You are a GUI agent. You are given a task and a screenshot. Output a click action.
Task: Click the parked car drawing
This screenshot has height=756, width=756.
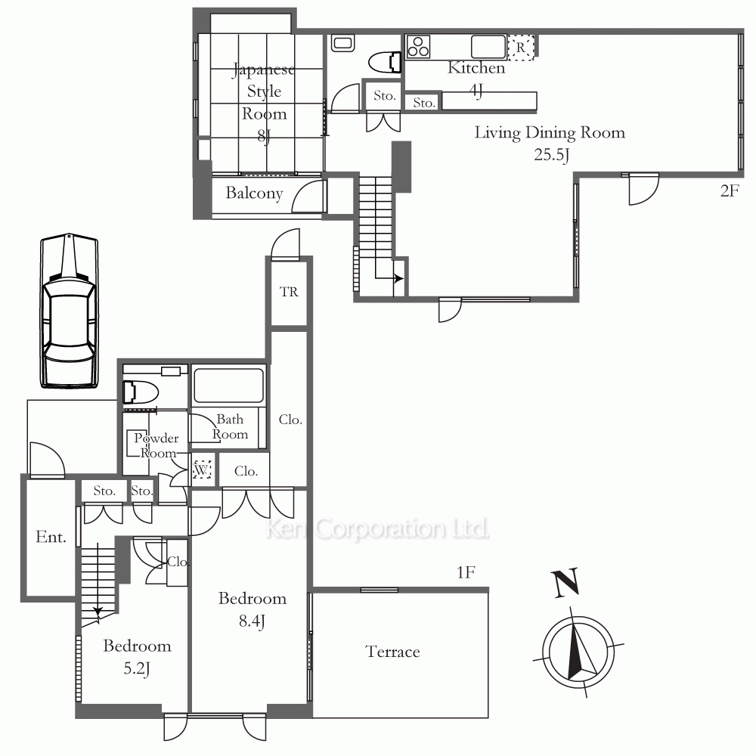(x=69, y=311)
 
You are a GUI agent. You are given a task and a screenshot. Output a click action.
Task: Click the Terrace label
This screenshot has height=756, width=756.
(x=392, y=652)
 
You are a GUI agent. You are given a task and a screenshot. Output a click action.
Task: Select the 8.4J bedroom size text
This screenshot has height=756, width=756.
(x=253, y=621)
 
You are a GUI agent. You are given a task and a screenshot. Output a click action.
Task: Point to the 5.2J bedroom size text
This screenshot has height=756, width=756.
(x=137, y=669)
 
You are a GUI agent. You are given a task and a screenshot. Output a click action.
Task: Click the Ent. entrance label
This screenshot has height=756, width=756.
(x=51, y=537)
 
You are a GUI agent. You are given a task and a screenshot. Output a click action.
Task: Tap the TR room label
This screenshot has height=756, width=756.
(x=289, y=292)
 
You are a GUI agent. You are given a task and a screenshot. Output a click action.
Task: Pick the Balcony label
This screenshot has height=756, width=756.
(x=254, y=194)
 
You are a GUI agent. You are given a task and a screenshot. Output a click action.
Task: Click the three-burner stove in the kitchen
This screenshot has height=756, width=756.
(x=418, y=47)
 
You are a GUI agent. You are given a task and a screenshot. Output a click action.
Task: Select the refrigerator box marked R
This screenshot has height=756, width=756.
(x=521, y=47)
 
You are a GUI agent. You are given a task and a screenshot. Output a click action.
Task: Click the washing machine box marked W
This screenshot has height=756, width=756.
(x=202, y=469)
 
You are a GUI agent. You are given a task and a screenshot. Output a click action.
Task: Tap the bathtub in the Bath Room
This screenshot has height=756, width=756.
(x=228, y=386)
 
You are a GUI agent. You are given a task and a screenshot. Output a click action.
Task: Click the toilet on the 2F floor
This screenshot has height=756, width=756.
(x=385, y=63)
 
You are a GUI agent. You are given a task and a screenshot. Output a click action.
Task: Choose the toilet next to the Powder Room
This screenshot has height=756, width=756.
(x=141, y=392)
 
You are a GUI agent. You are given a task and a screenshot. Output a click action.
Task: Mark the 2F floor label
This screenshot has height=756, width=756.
(x=730, y=191)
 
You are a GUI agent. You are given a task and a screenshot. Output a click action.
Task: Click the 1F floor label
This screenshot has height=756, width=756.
(x=466, y=572)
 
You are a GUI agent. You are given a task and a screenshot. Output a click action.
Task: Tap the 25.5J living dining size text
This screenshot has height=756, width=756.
(x=552, y=155)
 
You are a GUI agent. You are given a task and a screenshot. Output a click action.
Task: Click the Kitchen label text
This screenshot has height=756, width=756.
(x=476, y=68)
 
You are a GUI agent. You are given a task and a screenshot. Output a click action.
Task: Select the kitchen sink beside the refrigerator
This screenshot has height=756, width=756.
(x=488, y=47)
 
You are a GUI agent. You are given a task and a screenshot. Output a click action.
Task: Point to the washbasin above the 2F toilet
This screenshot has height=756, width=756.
(x=342, y=43)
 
